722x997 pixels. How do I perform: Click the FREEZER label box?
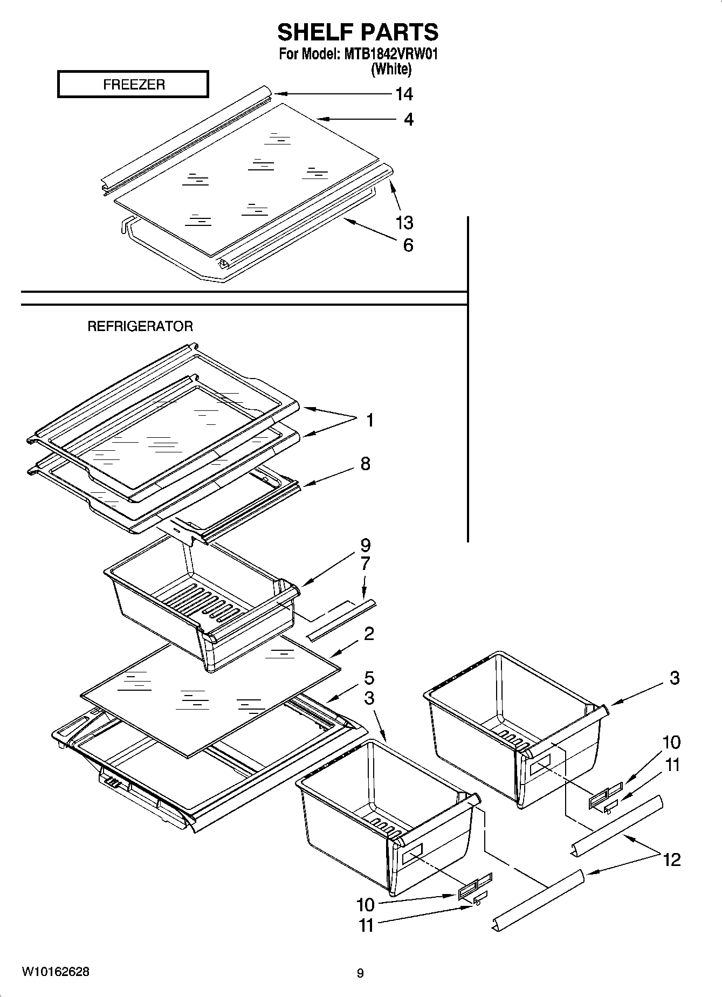pos(133,85)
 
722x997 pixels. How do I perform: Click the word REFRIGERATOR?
pos(140,326)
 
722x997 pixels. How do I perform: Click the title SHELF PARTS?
pos(358,32)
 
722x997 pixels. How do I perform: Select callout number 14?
pos(404,94)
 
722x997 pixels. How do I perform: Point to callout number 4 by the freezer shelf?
pos(409,119)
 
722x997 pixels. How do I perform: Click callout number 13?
pos(404,222)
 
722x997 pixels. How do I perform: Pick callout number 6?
pos(408,245)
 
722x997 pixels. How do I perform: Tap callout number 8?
pos(366,464)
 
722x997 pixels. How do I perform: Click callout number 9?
pos(366,545)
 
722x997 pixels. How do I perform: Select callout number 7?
pos(365,564)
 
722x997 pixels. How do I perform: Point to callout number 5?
pos(369,678)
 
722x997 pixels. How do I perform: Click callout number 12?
pos(672,860)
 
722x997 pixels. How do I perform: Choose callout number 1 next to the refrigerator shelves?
pos(370,420)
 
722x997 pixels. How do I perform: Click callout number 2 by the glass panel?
pos(369,634)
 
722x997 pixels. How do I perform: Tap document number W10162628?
pos(56,972)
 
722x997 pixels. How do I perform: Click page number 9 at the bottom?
pos(360,973)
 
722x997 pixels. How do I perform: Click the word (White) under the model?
pos(391,69)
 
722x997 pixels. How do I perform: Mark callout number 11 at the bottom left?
pos(366,925)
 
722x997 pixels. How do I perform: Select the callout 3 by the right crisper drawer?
pos(675,678)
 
